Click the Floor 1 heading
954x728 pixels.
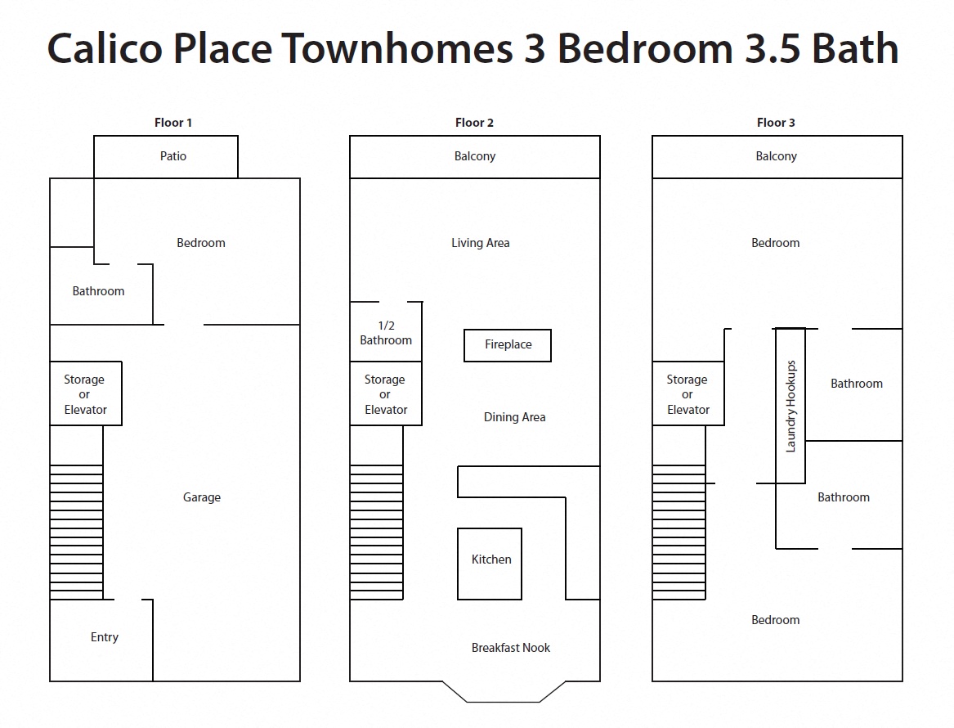(x=173, y=123)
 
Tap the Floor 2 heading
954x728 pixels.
(x=474, y=123)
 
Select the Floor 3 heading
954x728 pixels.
(x=776, y=123)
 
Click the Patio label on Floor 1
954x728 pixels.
(x=173, y=156)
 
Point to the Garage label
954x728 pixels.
(x=202, y=497)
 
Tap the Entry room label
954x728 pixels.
(x=105, y=637)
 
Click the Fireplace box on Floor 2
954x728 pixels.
(x=508, y=345)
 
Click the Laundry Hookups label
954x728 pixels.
(x=791, y=406)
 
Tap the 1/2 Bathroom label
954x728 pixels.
(x=386, y=333)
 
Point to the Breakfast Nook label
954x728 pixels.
(x=511, y=648)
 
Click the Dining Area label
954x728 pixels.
(x=514, y=417)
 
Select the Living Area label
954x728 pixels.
(x=481, y=243)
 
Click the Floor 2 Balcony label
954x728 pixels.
(x=475, y=156)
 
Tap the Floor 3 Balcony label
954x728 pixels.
(x=776, y=156)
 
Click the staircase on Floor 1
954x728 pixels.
(x=77, y=532)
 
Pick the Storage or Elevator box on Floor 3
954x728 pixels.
(x=688, y=394)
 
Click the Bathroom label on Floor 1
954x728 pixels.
(x=98, y=291)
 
